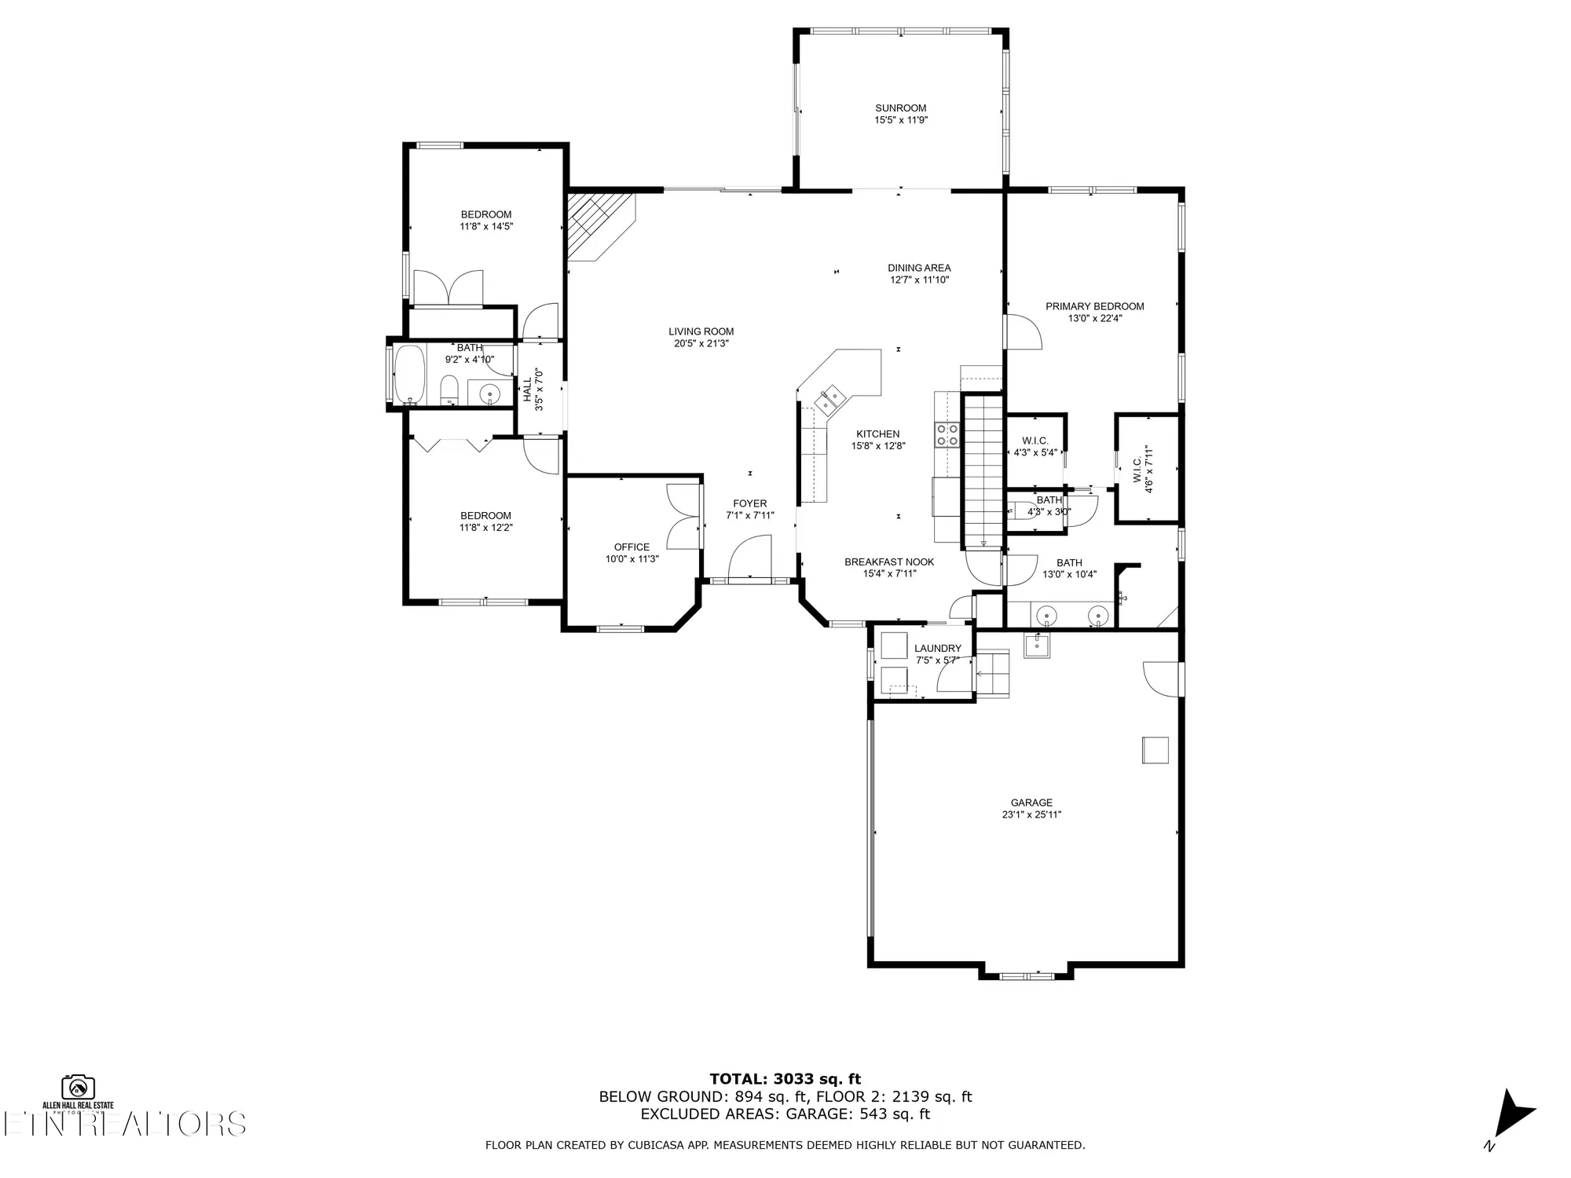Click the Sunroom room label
tap(900, 108)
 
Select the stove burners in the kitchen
tap(947, 434)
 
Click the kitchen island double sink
tap(829, 399)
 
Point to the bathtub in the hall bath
tap(409, 374)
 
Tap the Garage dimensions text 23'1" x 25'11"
tap(1031, 814)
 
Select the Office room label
tap(632, 547)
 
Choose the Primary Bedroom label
tap(1094, 306)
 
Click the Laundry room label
tap(937, 649)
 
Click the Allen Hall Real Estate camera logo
tap(79, 1087)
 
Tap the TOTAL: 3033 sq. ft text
tap(785, 1079)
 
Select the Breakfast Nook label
tap(889, 562)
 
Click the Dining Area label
tap(919, 268)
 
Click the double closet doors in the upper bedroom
tap(448, 287)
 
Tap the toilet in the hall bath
tap(449, 389)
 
